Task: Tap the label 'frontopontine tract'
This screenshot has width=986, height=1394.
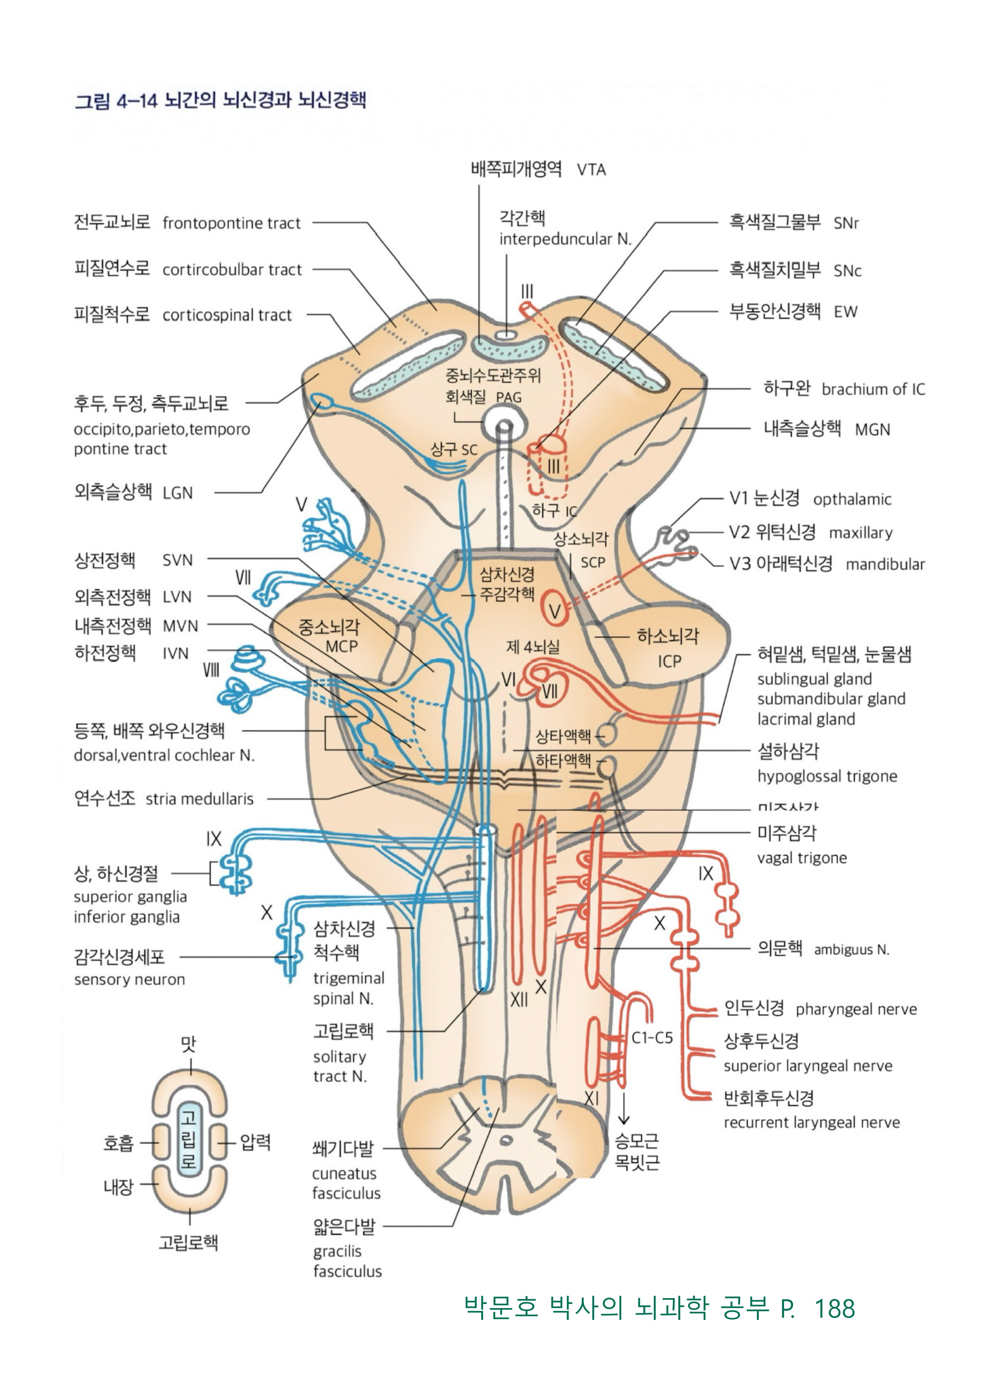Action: (x=231, y=223)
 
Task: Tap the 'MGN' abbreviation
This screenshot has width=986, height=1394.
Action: (x=873, y=430)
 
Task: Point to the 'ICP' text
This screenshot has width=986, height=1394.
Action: (x=670, y=661)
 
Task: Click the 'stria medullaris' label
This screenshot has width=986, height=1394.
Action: (x=199, y=799)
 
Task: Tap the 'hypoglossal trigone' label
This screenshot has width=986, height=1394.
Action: (x=827, y=777)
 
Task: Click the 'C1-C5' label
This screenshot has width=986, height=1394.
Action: (x=652, y=1038)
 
